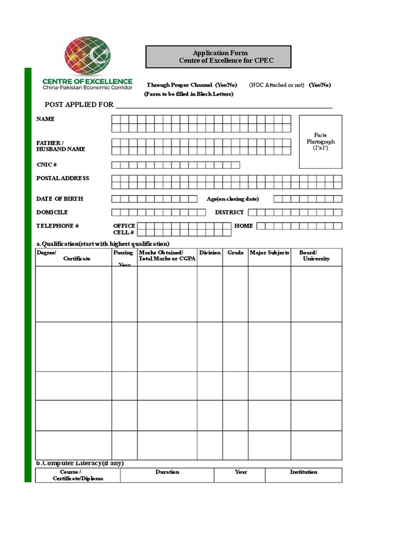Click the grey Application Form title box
coord(218,57)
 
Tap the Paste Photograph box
coord(321,142)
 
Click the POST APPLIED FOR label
coord(79,104)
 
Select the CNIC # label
coord(46,165)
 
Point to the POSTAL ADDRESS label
coord(63,178)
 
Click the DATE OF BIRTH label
coord(60,199)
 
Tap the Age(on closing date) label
coord(233,199)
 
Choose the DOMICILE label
coord(52,212)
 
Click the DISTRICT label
coord(229,212)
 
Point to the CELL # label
coord(124,233)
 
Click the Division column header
coord(210,253)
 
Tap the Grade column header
coord(235,253)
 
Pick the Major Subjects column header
coord(269,253)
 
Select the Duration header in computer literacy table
coord(167,472)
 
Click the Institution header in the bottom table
coord(304,472)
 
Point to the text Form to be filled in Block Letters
coord(189,94)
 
